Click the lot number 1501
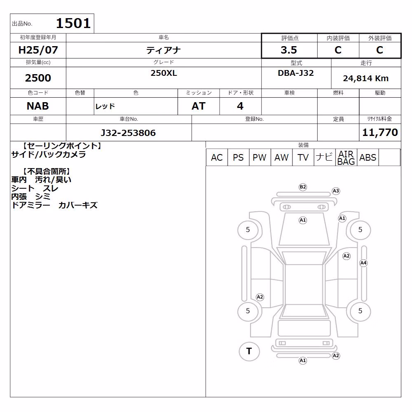tap(73, 23)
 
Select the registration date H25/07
tap(38, 50)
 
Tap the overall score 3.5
tap(289, 50)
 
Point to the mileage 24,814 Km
tap(366, 78)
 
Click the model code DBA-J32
tap(296, 73)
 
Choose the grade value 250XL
tap(164, 73)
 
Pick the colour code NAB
tap(38, 106)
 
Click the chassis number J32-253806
tap(128, 133)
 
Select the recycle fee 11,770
tap(380, 132)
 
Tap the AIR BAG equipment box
tap(346, 157)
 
